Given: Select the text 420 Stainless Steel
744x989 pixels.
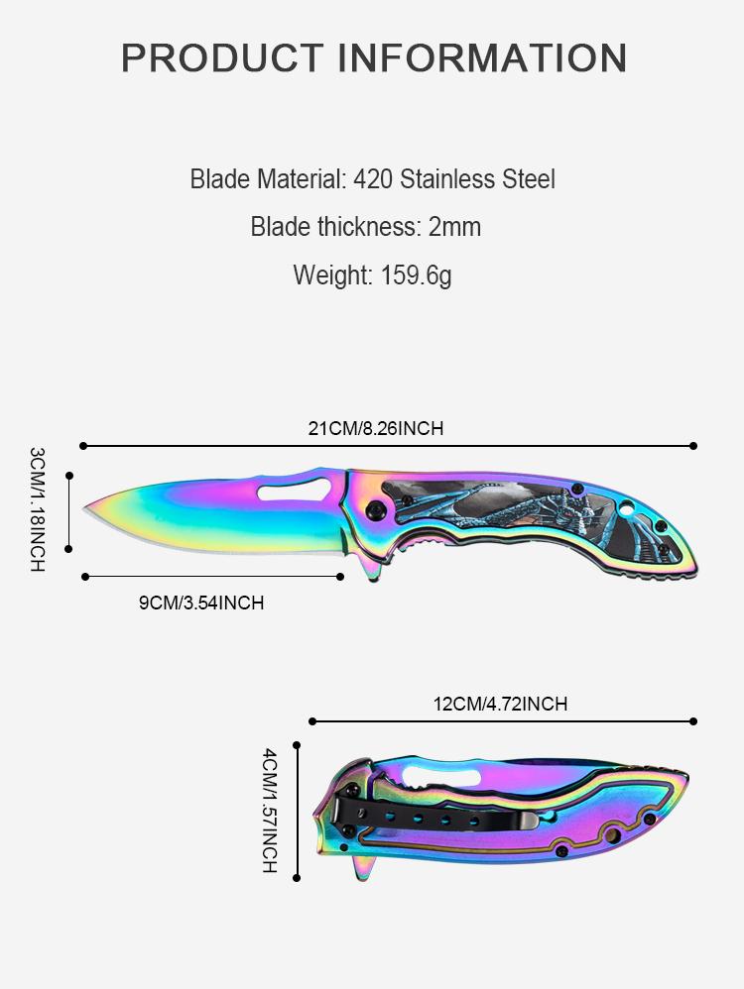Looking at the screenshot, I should pos(454,179).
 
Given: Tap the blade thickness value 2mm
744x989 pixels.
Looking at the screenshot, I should pos(454,227).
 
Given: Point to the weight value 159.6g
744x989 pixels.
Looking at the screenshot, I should pos(416,275).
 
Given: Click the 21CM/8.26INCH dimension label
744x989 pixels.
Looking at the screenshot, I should pos(375,429).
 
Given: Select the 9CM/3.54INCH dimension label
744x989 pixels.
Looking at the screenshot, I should pos(201,603).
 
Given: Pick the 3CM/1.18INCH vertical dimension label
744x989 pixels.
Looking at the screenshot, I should pos(38,508).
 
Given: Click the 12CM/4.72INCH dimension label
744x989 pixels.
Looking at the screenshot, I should pos(500,705).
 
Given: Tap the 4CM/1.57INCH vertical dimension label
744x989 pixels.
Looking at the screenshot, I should pos(269,811).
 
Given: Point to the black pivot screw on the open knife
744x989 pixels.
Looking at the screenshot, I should pos(377,509).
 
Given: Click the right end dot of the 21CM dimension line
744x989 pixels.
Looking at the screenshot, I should pos(693,446).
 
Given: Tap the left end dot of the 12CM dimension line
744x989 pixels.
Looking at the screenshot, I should pos(311,721).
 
